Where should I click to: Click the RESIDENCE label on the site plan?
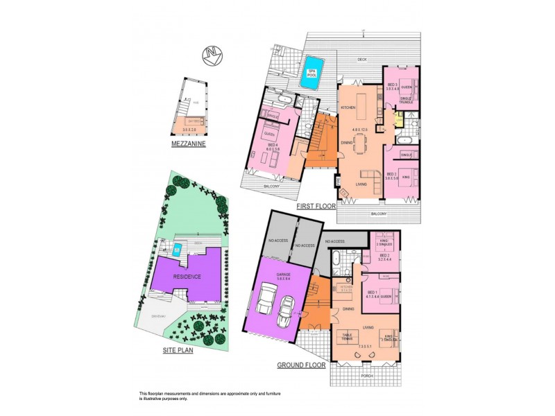click(188, 277)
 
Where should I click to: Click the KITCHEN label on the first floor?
click(348, 107)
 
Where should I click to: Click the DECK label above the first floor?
click(361, 60)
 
